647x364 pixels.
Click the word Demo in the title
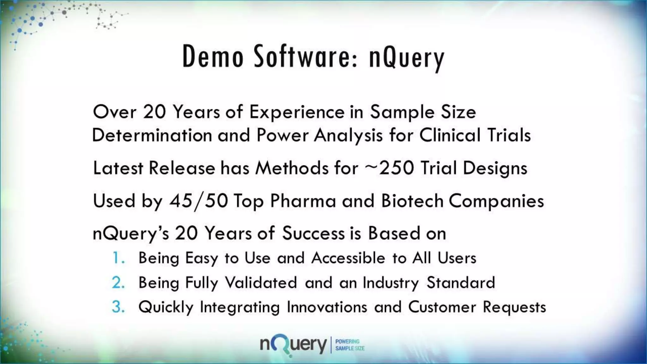[x=213, y=57]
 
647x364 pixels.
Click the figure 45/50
[x=199, y=201]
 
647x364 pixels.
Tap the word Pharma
[x=303, y=201]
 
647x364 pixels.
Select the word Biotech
[x=412, y=201]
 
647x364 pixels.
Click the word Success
[x=313, y=234]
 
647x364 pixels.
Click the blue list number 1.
[x=118, y=258]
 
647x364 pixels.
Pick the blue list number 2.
[x=118, y=282]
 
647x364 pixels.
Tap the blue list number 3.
[x=118, y=307]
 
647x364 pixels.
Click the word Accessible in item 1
[x=348, y=258]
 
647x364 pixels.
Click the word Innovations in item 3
[x=327, y=307]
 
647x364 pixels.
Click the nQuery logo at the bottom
[x=293, y=345]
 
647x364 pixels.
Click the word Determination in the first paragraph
[x=152, y=135]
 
